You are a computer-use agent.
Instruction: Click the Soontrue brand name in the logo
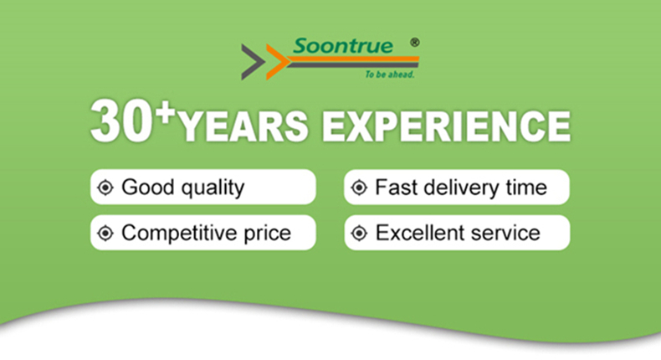tap(343, 45)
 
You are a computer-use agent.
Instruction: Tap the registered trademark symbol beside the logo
tap(415, 42)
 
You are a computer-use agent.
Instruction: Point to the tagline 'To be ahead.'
tap(390, 75)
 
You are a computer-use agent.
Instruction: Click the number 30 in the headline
tap(121, 122)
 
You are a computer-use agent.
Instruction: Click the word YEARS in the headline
tap(243, 126)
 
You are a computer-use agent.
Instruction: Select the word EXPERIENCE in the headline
tap(446, 126)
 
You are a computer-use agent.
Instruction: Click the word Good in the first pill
tap(147, 187)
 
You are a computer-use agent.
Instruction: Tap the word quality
tap(213, 188)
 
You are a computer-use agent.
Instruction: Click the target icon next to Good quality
tap(105, 188)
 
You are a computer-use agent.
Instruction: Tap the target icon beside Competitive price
tap(105, 233)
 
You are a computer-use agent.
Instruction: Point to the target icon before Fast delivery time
tap(359, 188)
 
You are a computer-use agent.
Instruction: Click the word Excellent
tap(420, 233)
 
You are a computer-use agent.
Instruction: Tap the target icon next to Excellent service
tap(359, 233)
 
